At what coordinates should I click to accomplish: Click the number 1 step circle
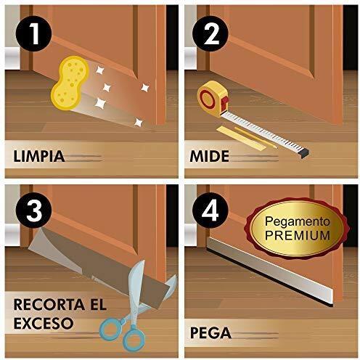(x=33, y=33)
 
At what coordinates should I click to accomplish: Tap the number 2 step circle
(x=210, y=33)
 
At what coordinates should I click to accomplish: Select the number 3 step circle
(x=33, y=210)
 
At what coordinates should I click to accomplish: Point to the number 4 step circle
(x=210, y=210)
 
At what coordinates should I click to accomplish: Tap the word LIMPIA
(x=39, y=156)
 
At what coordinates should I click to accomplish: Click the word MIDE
(x=209, y=156)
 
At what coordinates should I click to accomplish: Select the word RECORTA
(x=49, y=305)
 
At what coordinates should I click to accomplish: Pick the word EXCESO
(x=44, y=323)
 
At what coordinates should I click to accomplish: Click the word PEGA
(x=210, y=333)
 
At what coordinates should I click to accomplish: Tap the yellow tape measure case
(x=213, y=99)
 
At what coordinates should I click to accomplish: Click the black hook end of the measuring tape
(x=304, y=152)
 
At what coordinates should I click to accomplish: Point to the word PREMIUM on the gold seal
(x=298, y=235)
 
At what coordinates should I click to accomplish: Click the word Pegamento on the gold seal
(x=298, y=222)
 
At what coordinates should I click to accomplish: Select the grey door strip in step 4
(x=270, y=271)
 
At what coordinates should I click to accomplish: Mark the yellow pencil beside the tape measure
(x=255, y=137)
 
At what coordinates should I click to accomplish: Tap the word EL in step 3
(x=99, y=305)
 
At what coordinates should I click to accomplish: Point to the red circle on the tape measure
(x=208, y=99)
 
